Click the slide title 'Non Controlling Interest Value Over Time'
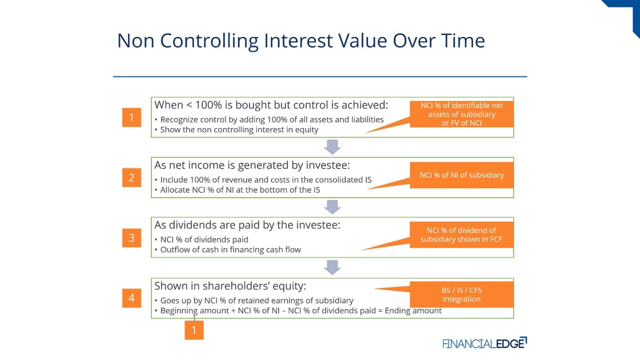pyautogui.click(x=301, y=41)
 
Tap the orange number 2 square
pyautogui.click(x=132, y=178)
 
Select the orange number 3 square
pyautogui.click(x=132, y=238)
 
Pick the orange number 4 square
pyautogui.click(x=132, y=298)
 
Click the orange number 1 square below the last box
pyautogui.click(x=194, y=330)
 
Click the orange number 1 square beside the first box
pyautogui.click(x=132, y=117)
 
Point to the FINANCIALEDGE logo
pyautogui.click(x=485, y=343)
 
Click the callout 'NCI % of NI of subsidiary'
pyautogui.click(x=461, y=175)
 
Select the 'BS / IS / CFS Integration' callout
pyautogui.click(x=461, y=294)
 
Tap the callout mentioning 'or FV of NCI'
pyautogui.click(x=461, y=114)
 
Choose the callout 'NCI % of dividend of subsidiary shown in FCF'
pyautogui.click(x=461, y=235)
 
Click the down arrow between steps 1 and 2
pyautogui.click(x=332, y=147)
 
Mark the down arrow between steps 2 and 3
pyautogui.click(x=332, y=207)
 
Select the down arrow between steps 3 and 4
pyautogui.click(x=332, y=267)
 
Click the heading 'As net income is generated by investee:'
pyautogui.click(x=252, y=165)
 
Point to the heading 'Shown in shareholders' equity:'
pyautogui.click(x=230, y=286)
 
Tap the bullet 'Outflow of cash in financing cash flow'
pyautogui.click(x=230, y=250)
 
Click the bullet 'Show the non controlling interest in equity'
pyautogui.click(x=239, y=130)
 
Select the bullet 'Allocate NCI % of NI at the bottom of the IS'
pyautogui.click(x=240, y=190)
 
